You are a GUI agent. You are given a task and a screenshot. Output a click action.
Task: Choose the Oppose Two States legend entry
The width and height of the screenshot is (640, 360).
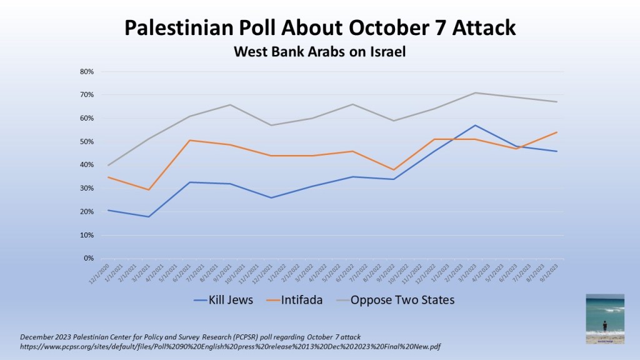point(402,300)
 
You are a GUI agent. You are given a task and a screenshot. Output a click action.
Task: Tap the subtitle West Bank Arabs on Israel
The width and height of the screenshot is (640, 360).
point(319,52)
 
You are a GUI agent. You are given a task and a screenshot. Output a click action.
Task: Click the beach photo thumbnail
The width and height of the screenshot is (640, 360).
point(604,319)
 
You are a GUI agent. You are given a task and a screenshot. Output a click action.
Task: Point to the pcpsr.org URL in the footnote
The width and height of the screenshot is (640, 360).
point(231,346)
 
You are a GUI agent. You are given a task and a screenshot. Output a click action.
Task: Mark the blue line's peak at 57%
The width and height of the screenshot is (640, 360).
point(475,126)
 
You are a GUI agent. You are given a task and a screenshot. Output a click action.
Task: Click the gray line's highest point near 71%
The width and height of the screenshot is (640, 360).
point(475,92)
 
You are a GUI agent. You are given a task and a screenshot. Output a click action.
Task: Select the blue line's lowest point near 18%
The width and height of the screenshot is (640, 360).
point(149,216)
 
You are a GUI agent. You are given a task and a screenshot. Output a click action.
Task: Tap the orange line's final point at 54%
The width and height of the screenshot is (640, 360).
point(556,132)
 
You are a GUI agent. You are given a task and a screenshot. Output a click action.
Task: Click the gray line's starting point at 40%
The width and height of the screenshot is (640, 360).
point(108,165)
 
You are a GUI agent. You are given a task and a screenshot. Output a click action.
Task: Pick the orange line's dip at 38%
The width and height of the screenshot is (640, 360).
point(393,170)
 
